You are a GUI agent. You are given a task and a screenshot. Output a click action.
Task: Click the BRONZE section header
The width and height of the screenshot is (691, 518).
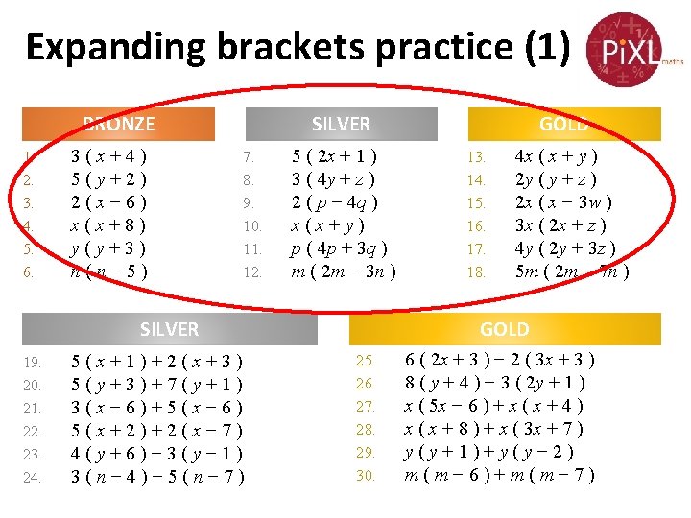pos(119,124)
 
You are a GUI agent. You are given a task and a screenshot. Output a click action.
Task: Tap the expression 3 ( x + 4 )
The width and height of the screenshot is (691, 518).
pos(108,155)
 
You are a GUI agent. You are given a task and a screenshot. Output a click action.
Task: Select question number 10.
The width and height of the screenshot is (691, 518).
pos(252,226)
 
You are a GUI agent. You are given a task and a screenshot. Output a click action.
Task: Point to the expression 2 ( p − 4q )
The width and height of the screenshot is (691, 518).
pos(335,202)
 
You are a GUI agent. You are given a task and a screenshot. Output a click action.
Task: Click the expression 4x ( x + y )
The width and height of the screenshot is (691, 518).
pos(558,155)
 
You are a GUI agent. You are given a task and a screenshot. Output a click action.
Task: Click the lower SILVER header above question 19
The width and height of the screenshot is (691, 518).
pos(169,329)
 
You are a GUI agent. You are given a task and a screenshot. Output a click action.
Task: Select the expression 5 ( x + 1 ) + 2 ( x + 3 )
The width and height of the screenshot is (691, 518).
pos(157,363)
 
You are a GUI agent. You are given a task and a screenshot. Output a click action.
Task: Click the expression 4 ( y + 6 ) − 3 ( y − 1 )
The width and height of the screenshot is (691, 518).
pos(157,454)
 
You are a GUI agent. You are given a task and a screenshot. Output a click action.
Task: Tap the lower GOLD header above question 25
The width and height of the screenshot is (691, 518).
pos(505,329)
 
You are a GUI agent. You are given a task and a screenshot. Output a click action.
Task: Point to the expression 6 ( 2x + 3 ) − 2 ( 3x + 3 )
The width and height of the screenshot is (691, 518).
pos(500,361)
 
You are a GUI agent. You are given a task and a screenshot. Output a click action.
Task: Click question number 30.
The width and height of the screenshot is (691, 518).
pos(366,476)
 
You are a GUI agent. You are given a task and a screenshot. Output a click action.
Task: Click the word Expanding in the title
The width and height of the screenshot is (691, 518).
pos(110,47)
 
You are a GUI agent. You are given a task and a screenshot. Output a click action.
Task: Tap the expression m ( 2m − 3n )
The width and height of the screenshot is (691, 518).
pos(344,271)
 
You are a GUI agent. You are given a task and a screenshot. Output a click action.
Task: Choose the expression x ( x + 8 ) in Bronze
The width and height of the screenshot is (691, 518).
pos(108,226)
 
